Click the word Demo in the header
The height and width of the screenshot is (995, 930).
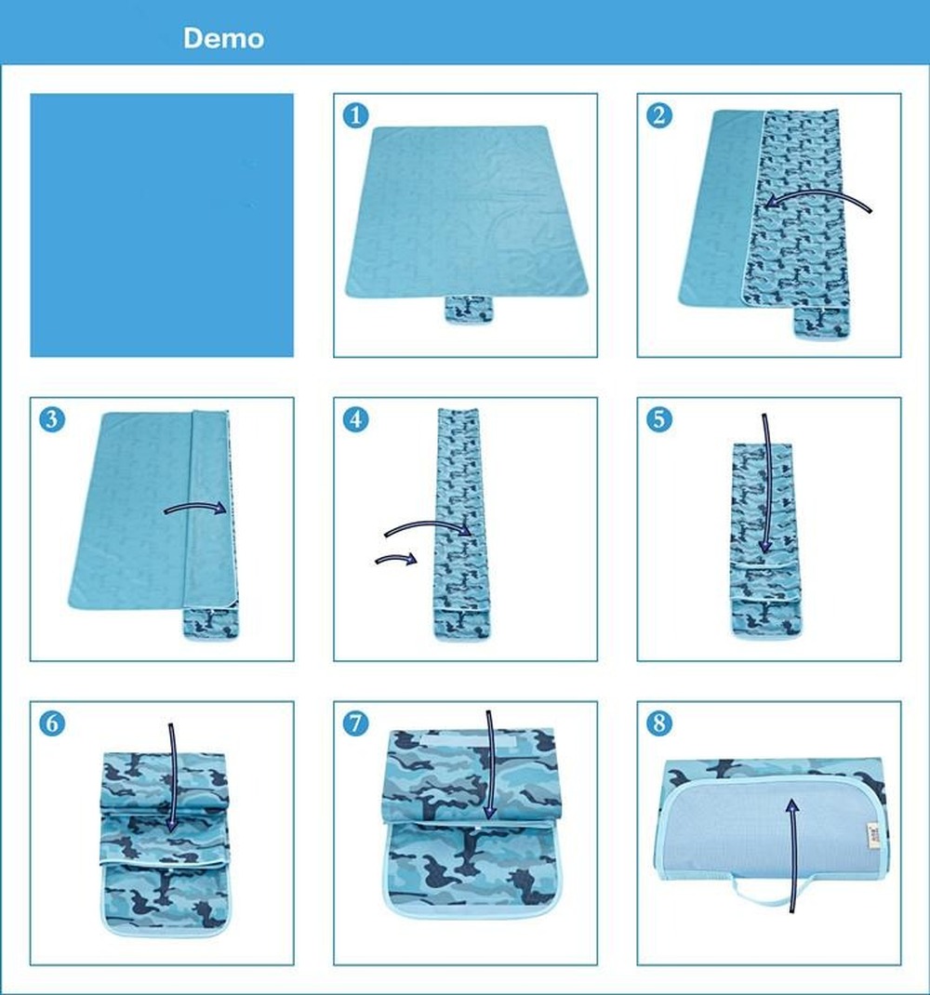[x=223, y=38]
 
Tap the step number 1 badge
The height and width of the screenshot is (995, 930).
[x=355, y=115]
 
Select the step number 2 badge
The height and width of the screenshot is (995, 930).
[x=659, y=115]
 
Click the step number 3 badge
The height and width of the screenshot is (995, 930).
[x=52, y=419]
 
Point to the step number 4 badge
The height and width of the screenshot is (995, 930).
[x=355, y=419]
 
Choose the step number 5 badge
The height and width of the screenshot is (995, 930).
[x=659, y=419]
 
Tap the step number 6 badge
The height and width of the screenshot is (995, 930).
[x=52, y=723]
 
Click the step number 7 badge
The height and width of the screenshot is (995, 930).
[x=355, y=723]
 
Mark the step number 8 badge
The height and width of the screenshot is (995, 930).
[x=659, y=723]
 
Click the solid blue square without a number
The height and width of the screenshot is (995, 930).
[x=162, y=225]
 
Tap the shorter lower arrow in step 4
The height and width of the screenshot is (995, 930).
[x=394, y=559]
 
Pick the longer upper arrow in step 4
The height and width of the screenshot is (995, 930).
[x=428, y=528]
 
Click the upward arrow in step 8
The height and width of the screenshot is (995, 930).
[x=792, y=851]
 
